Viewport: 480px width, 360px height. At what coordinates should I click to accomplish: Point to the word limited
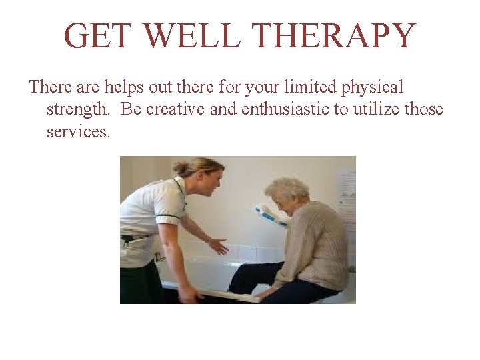(311, 87)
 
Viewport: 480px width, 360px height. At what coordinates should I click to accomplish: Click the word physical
(373, 87)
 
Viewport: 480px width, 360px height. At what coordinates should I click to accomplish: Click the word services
(77, 131)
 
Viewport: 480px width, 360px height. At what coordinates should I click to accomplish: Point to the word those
(423, 109)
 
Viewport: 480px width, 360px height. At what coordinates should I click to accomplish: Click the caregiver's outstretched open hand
(218, 246)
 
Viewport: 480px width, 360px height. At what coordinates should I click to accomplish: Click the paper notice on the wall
(347, 193)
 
